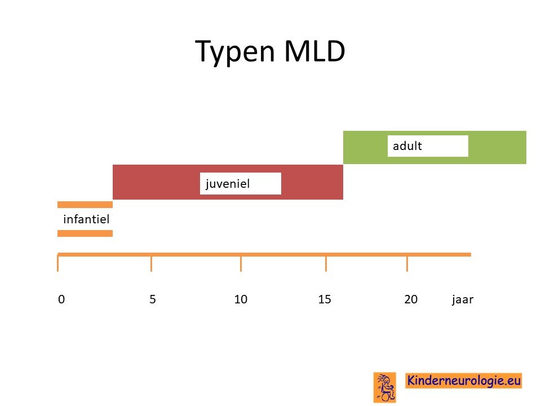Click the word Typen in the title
click(235, 51)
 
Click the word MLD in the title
click(314, 51)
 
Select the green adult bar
click(434, 147)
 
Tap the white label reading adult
click(428, 146)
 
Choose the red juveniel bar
click(228, 182)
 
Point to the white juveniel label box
click(241, 183)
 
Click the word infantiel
click(86, 219)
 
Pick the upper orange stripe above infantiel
click(85, 205)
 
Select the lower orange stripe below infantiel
click(85, 233)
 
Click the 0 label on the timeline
click(61, 299)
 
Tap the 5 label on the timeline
click(153, 299)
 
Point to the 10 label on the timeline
click(241, 299)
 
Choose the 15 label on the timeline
click(325, 299)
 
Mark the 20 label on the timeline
click(411, 299)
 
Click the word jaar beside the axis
click(463, 299)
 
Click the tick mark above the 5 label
click(151, 263)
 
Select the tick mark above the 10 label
click(241, 263)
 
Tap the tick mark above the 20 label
click(407, 263)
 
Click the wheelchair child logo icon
click(385, 387)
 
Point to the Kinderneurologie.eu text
click(463, 381)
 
